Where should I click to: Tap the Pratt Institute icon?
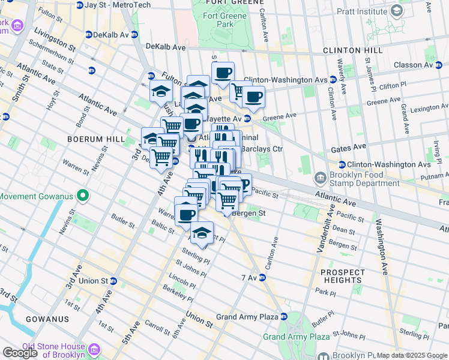click(x=397, y=10)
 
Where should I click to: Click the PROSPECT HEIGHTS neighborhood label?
click(x=343, y=276)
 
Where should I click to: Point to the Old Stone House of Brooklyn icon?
click(x=94, y=350)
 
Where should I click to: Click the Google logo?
click(x=20, y=353)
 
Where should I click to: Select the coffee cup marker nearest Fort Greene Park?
click(x=223, y=73)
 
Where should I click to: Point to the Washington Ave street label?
click(x=384, y=240)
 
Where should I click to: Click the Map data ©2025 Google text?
click(x=412, y=355)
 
